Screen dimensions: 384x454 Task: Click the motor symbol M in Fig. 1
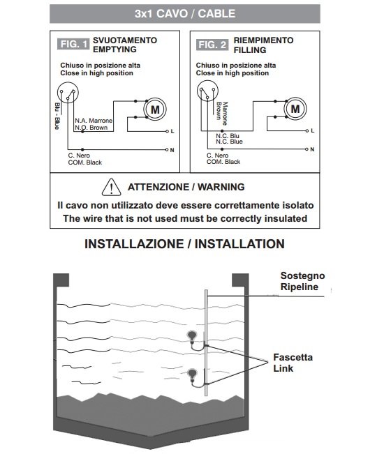pyautogui.click(x=155, y=109)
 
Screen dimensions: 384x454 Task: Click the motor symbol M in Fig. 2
pyautogui.click(x=295, y=109)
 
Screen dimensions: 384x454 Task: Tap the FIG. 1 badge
pyautogui.click(x=73, y=44)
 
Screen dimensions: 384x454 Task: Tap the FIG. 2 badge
pyautogui.click(x=212, y=45)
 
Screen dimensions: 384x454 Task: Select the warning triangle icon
pyautogui.click(x=111, y=187)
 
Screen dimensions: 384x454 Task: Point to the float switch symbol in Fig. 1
pyautogui.click(x=68, y=93)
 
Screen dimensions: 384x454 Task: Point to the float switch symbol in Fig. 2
pyautogui.click(x=207, y=91)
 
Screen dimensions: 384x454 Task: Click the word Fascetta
pyautogui.click(x=293, y=357)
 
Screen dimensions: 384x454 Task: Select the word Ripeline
pyautogui.click(x=300, y=287)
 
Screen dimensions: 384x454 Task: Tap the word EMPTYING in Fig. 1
pyautogui.click(x=115, y=50)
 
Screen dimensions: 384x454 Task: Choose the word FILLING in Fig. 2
pyautogui.click(x=250, y=50)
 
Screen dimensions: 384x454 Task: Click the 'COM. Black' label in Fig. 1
pyautogui.click(x=85, y=162)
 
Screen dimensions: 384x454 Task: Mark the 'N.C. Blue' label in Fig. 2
pyautogui.click(x=229, y=142)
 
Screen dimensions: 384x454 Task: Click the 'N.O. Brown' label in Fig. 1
pyautogui.click(x=91, y=128)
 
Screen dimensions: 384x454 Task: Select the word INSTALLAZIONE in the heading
pyautogui.click(x=134, y=244)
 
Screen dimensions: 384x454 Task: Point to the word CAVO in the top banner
pyautogui.click(x=172, y=14)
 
